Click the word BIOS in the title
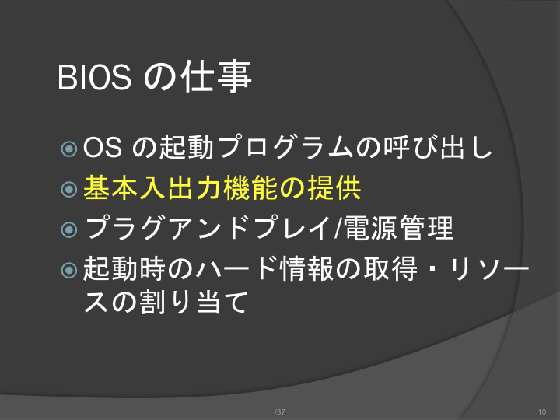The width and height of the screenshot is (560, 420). [94, 77]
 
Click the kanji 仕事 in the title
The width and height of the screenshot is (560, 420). [217, 76]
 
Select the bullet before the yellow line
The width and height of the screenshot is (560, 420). [69, 189]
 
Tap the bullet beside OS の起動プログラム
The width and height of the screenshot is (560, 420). [69, 149]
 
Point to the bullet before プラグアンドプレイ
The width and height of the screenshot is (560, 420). [69, 229]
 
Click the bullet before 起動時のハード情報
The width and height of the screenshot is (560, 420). [69, 270]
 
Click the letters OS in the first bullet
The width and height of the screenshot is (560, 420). [103, 148]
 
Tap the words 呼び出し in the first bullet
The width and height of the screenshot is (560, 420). [438, 147]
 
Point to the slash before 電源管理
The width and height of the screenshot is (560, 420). [338, 229]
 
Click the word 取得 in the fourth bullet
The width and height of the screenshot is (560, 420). [390, 268]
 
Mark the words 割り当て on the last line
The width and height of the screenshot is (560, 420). [193, 302]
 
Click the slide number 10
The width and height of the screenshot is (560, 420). [542, 411]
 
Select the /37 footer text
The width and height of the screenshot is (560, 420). [280, 411]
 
